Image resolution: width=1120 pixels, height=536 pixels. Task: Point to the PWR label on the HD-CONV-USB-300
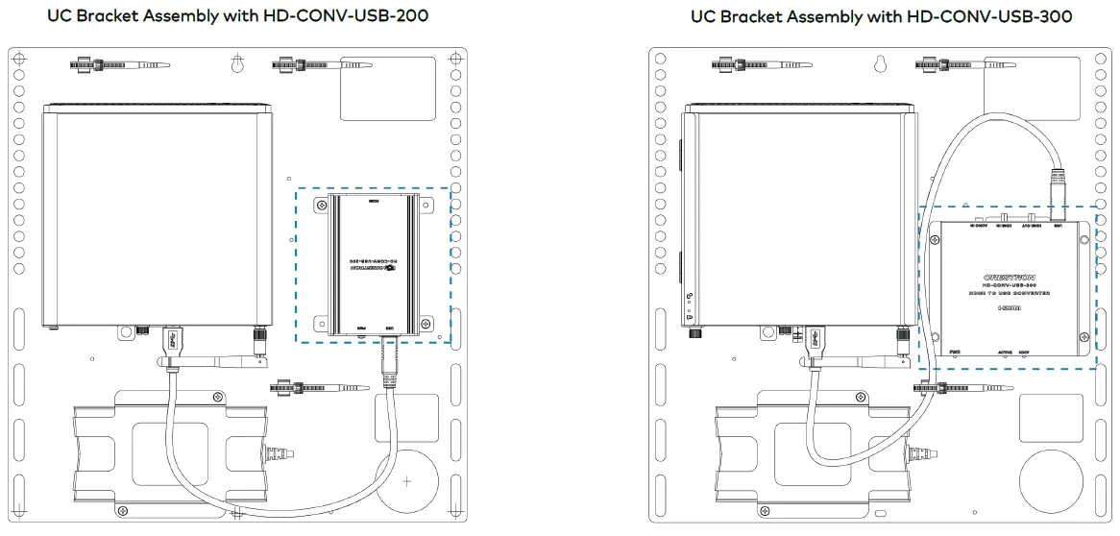pos(955,353)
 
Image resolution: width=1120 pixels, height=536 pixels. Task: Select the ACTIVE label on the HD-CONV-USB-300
pos(1005,353)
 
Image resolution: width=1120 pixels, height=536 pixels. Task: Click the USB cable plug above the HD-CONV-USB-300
pos(1057,188)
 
